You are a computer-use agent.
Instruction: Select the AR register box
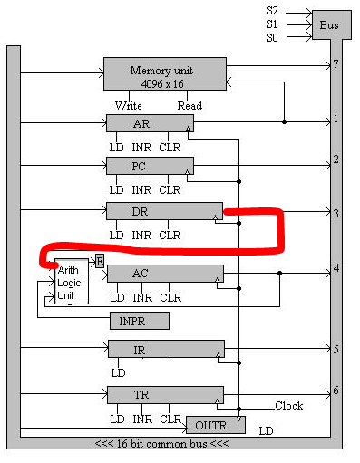click(x=150, y=123)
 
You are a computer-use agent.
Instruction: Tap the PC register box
click(x=150, y=166)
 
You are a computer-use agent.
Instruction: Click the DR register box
click(x=163, y=211)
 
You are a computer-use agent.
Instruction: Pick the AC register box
click(x=164, y=274)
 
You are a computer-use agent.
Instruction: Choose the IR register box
click(x=164, y=349)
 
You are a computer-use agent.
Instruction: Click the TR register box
click(x=164, y=394)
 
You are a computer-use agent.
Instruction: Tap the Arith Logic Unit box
click(x=71, y=282)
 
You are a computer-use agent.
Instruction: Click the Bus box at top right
click(x=329, y=24)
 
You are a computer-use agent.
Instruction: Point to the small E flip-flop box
click(x=99, y=261)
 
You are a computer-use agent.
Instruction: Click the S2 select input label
click(x=272, y=10)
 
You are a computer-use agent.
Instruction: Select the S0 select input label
click(x=272, y=37)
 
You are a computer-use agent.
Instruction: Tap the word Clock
click(x=289, y=406)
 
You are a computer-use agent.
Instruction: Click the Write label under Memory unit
click(x=128, y=105)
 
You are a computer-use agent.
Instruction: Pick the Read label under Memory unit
click(x=190, y=105)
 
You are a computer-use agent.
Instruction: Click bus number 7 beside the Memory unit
click(x=336, y=65)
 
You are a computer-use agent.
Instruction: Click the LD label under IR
click(x=116, y=372)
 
